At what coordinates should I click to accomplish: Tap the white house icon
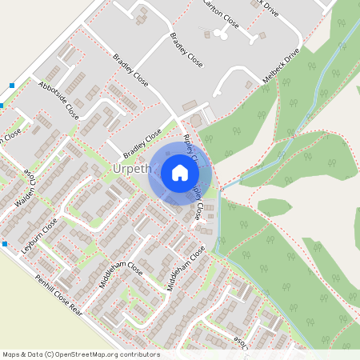[x=180, y=173]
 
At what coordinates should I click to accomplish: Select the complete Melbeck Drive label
[x=281, y=68]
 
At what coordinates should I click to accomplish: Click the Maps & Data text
[x=22, y=354]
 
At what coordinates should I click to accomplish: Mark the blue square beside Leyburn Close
[x=5, y=243]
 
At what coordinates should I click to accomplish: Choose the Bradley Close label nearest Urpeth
[x=142, y=144]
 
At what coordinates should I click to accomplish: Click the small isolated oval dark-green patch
[x=274, y=207]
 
